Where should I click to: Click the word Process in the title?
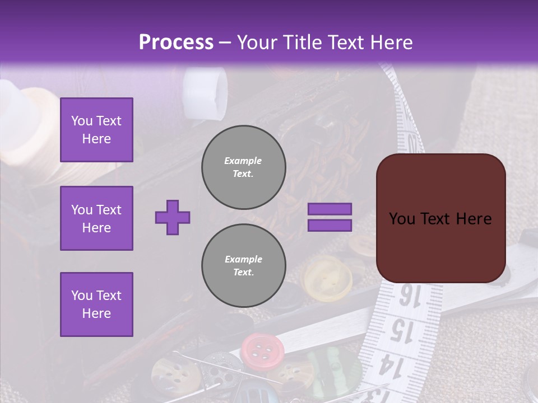(x=176, y=43)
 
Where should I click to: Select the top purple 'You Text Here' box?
(x=96, y=130)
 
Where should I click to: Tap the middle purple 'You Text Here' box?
(x=96, y=218)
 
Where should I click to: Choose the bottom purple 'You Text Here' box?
(x=96, y=304)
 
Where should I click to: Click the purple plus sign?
(x=173, y=217)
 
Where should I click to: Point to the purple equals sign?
(x=330, y=217)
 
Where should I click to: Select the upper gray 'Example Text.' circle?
(x=243, y=167)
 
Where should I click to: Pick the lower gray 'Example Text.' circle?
(x=243, y=266)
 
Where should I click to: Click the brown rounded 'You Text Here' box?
(x=440, y=218)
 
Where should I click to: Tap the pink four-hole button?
(x=262, y=350)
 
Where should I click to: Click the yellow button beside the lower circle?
(x=327, y=274)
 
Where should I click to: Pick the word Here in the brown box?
(x=474, y=219)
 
